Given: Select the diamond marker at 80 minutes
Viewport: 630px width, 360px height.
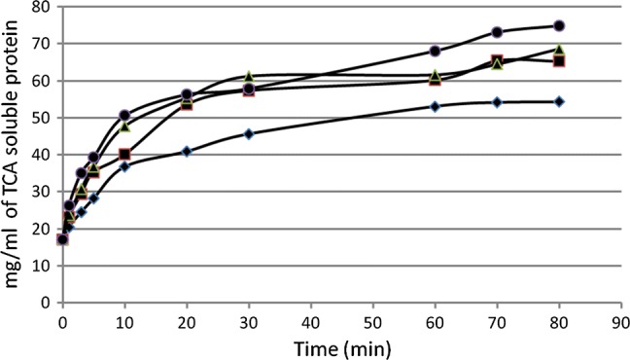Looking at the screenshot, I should pyautogui.click(x=559, y=101).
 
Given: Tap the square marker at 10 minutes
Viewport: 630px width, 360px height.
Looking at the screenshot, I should pyautogui.click(x=124, y=154).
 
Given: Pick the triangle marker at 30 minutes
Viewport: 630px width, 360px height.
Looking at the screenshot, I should pyautogui.click(x=249, y=76).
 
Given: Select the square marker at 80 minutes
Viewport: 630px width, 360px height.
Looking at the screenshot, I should pyautogui.click(x=559, y=61).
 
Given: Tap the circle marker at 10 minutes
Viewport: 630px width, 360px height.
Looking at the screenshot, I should pyautogui.click(x=124, y=115).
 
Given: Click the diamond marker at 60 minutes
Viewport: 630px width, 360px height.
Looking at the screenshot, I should pyautogui.click(x=435, y=106).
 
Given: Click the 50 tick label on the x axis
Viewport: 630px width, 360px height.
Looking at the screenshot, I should pyautogui.click(x=372, y=319).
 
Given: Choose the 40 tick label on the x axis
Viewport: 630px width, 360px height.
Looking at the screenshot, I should pyautogui.click(x=310, y=319).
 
